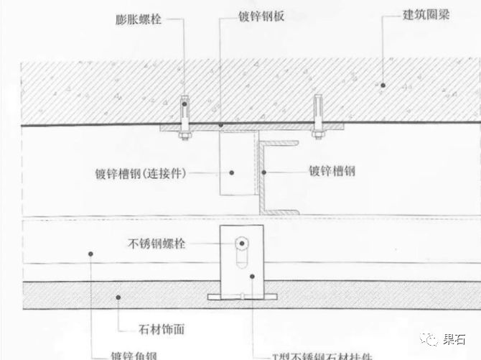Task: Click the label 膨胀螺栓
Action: coord(138,20)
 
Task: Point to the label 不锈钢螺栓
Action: coord(156,244)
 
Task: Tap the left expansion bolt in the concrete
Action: coord(184,115)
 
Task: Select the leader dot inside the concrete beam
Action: coord(383,85)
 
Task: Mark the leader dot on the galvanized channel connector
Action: coord(231,172)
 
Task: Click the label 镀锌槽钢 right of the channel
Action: coord(332,172)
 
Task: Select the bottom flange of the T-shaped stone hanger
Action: coord(242,297)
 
